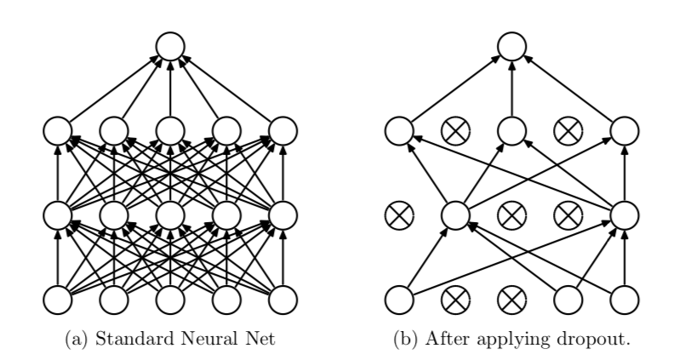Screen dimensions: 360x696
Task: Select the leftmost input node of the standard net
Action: (x=57, y=300)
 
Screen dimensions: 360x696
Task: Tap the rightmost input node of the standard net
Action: (x=283, y=300)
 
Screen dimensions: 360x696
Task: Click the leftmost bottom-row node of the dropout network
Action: (x=398, y=300)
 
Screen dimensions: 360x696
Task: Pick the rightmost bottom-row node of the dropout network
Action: (x=625, y=300)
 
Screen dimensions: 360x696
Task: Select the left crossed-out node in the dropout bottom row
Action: (x=455, y=300)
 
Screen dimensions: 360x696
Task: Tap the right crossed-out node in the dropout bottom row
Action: (x=511, y=300)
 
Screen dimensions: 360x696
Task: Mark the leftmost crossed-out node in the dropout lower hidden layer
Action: (x=398, y=214)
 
